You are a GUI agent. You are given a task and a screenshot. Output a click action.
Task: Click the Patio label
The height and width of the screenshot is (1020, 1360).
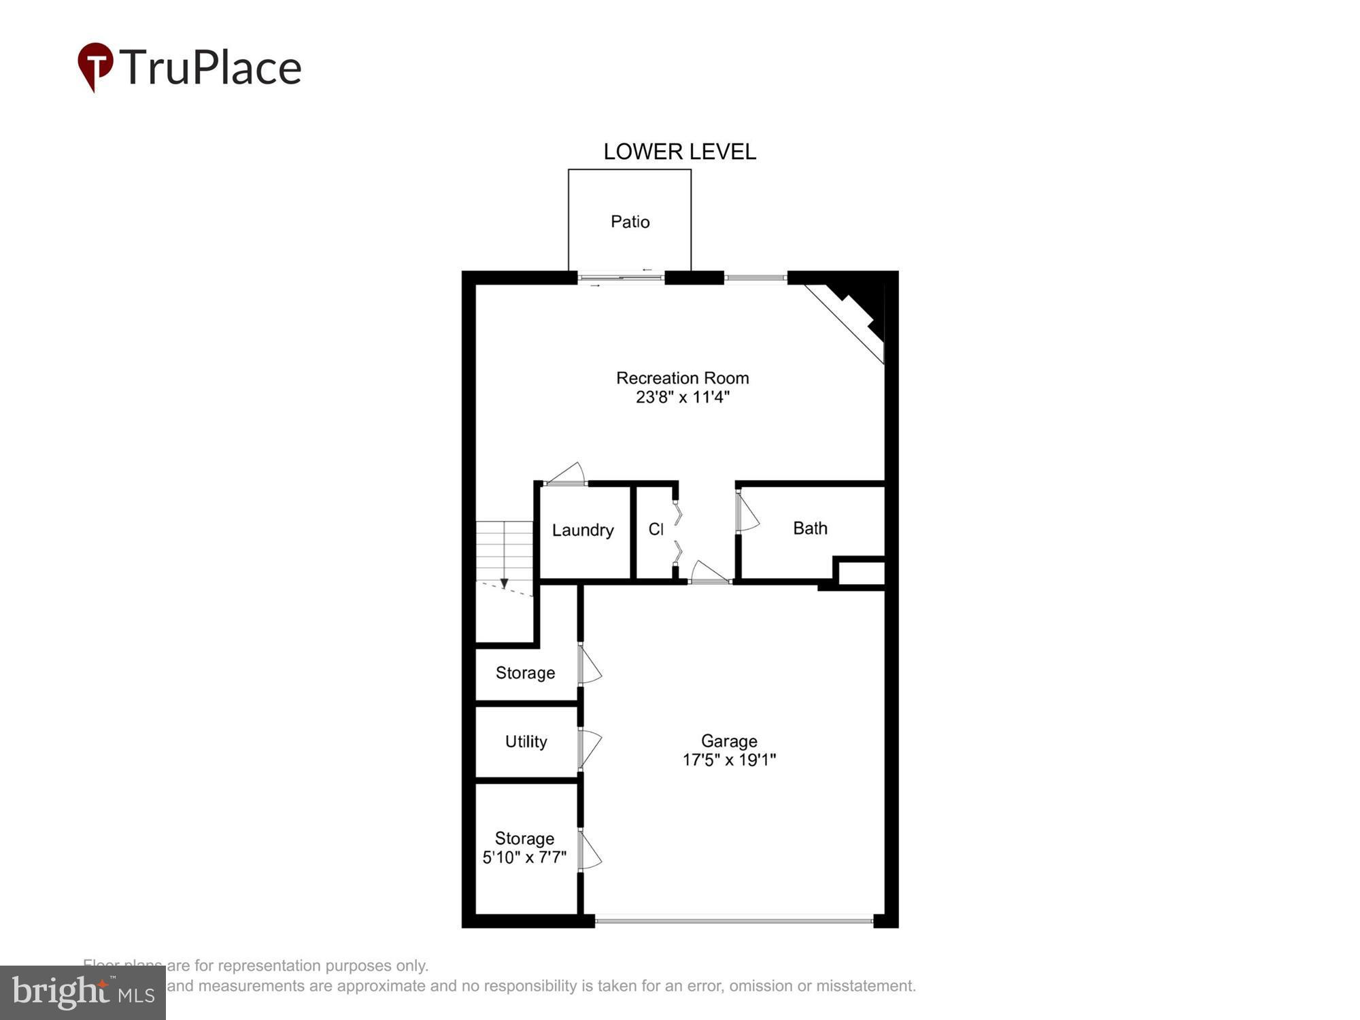(x=630, y=222)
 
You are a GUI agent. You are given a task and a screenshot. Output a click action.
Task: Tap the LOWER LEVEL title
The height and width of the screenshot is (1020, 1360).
(x=679, y=152)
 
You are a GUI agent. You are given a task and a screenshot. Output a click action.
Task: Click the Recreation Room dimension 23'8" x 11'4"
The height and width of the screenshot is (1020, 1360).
(x=682, y=397)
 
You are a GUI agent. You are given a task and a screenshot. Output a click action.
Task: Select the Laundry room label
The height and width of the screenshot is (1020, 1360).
(x=583, y=530)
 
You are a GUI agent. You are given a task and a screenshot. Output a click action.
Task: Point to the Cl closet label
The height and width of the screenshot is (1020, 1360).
(x=656, y=529)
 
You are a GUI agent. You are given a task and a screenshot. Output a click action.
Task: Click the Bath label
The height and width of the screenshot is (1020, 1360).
(x=810, y=528)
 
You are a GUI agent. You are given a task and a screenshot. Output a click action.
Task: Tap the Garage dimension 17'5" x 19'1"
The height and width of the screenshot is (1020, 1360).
(x=729, y=760)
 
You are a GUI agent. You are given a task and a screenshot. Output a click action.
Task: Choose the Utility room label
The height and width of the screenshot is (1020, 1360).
(x=526, y=742)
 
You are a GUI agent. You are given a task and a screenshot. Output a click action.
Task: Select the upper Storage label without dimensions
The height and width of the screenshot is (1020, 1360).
(x=525, y=673)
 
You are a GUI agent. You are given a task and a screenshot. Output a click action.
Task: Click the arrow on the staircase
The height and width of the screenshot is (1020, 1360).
(x=504, y=583)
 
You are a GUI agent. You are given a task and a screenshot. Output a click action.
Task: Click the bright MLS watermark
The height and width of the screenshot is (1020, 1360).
(x=82, y=993)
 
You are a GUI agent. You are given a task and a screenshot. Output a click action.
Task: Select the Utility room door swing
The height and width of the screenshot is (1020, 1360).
(x=590, y=748)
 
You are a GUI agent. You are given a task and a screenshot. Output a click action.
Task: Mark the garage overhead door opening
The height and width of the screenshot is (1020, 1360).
(x=734, y=921)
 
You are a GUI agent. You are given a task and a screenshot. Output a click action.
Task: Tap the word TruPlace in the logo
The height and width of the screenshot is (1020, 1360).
(x=211, y=67)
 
